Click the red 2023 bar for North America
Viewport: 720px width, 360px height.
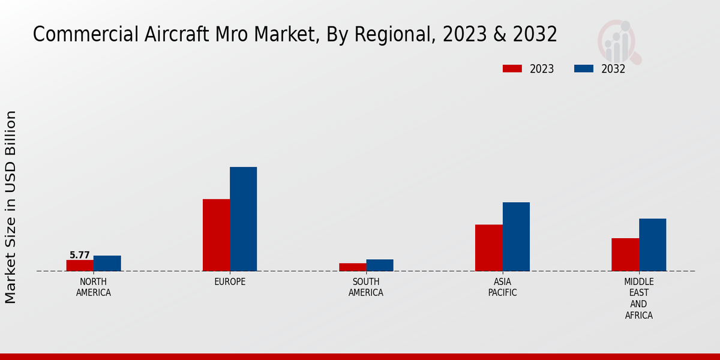80,265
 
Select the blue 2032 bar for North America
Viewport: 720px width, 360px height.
107,263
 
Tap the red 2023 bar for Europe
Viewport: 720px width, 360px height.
216,235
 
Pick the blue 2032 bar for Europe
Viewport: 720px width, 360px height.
243,219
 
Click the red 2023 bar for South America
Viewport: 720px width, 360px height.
352,267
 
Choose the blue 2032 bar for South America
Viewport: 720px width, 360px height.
380,265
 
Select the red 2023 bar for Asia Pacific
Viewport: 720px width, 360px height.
488,248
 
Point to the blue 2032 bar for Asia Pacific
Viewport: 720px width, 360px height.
516,236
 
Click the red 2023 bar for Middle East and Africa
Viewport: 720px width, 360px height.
625,254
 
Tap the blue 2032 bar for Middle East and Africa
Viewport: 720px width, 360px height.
652,245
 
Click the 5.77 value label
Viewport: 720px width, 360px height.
80,255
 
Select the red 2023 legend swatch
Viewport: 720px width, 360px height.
512,69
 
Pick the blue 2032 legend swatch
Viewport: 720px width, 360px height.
583,69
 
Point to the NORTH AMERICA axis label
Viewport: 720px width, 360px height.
94,287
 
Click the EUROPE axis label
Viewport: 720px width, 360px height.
230,282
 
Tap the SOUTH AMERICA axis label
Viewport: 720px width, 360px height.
366,287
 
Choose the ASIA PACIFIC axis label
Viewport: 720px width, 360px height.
502,287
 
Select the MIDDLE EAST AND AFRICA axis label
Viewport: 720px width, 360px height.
638,298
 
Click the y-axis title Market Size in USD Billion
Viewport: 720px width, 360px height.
11,207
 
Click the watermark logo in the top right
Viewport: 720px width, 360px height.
619,41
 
